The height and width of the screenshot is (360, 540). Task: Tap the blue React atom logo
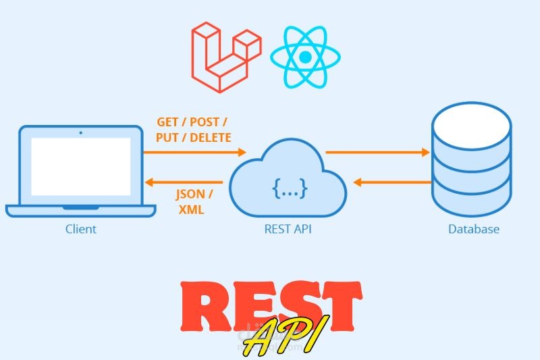click(304, 57)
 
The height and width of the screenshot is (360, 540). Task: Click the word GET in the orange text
click(169, 122)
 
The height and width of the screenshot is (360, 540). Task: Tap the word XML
click(191, 210)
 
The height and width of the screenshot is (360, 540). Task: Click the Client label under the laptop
click(80, 229)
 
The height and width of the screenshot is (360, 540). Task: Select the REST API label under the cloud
click(288, 229)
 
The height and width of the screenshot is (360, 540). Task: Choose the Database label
click(474, 229)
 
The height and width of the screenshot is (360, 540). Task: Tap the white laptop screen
click(80, 166)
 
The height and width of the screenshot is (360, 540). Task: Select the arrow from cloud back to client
click(185, 182)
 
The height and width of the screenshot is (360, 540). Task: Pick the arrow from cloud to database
click(377, 153)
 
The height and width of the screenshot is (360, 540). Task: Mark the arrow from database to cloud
click(392, 182)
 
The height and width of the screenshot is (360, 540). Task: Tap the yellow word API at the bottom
click(283, 336)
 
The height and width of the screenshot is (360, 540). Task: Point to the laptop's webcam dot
click(80, 132)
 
